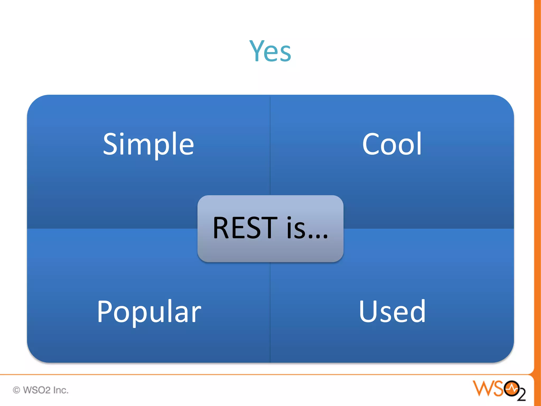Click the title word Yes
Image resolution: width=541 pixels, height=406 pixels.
coord(270,51)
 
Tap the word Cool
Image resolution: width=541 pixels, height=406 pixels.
coord(392,144)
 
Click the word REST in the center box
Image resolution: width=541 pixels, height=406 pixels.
coord(245,228)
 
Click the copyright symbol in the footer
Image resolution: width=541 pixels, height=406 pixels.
coord(16,390)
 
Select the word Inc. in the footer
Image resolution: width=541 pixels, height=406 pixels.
coord(61,390)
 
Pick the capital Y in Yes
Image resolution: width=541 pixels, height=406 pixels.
coord(256,51)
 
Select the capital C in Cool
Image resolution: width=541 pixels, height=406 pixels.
coord(371,144)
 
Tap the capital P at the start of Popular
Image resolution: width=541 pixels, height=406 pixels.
coord(105,311)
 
